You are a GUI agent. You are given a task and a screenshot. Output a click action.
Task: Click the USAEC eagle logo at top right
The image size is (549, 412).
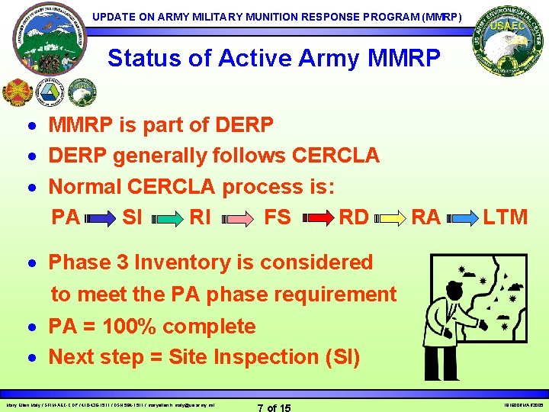pyautogui.click(x=503, y=43)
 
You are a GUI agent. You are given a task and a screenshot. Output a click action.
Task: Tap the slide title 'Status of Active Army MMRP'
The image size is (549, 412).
pyautogui.click(x=274, y=58)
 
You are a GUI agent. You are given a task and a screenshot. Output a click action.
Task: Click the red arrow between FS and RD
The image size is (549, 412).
pyautogui.click(x=316, y=219)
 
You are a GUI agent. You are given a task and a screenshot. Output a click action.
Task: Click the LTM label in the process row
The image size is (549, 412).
pyautogui.click(x=505, y=217)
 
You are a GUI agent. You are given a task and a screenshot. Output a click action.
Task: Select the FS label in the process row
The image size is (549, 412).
pyautogui.click(x=278, y=217)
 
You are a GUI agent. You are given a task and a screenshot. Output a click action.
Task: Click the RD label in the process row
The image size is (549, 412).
pyautogui.click(x=354, y=217)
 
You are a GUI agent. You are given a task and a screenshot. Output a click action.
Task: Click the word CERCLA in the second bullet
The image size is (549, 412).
pyautogui.click(x=335, y=156)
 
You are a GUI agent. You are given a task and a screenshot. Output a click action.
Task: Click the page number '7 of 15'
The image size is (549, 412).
pyautogui.click(x=274, y=407)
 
